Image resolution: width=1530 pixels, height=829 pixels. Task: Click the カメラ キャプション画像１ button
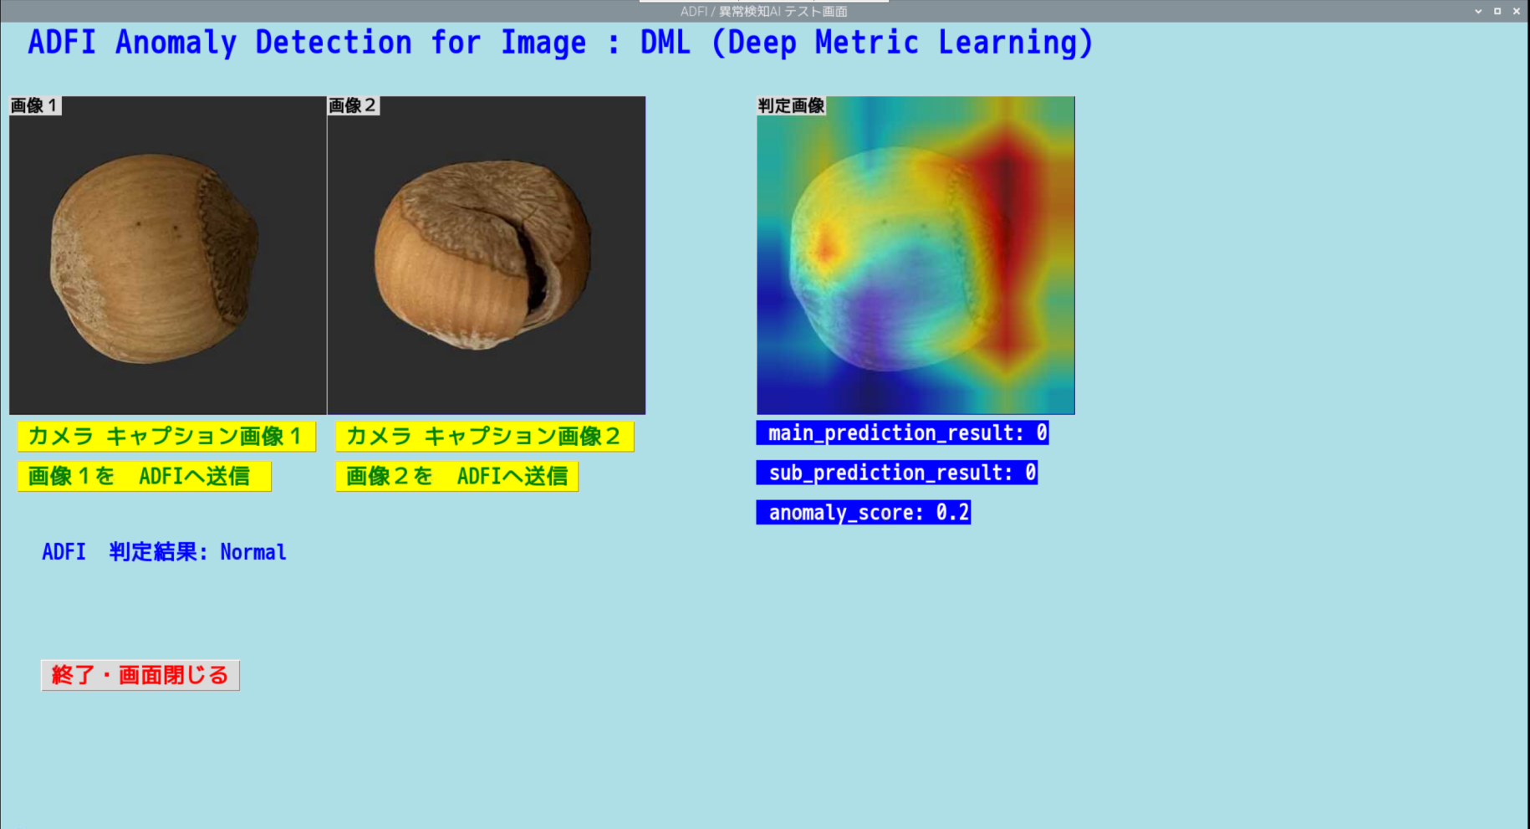click(x=166, y=436)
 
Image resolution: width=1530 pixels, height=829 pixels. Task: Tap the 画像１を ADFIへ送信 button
click(x=144, y=476)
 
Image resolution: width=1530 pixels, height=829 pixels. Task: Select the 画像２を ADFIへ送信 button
click(x=456, y=476)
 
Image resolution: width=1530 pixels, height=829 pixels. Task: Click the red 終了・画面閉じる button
click(x=140, y=675)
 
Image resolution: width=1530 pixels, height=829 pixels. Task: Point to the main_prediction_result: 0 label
click(x=902, y=432)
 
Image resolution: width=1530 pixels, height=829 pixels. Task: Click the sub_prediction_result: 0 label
click(x=897, y=473)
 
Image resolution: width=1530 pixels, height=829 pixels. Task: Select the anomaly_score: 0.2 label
click(x=864, y=512)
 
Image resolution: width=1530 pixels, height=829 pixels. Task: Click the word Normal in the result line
click(x=253, y=552)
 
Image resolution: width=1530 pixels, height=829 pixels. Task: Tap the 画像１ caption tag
click(x=34, y=105)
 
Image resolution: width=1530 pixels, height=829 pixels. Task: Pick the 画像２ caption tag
click(x=353, y=105)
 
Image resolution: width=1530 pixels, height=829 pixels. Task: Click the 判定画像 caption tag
click(x=791, y=105)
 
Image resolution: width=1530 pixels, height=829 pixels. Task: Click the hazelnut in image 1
click(x=156, y=258)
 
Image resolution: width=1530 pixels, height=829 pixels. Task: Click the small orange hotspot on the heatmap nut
click(x=826, y=247)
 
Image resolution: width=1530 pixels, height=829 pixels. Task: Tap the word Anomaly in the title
click(x=176, y=43)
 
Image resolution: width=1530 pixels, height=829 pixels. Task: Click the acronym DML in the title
click(x=666, y=43)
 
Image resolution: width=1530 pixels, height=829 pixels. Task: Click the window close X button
click(x=1517, y=11)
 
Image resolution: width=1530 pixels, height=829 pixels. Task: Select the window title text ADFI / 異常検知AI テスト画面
click(x=764, y=11)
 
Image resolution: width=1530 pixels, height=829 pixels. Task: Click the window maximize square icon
click(x=1497, y=11)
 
